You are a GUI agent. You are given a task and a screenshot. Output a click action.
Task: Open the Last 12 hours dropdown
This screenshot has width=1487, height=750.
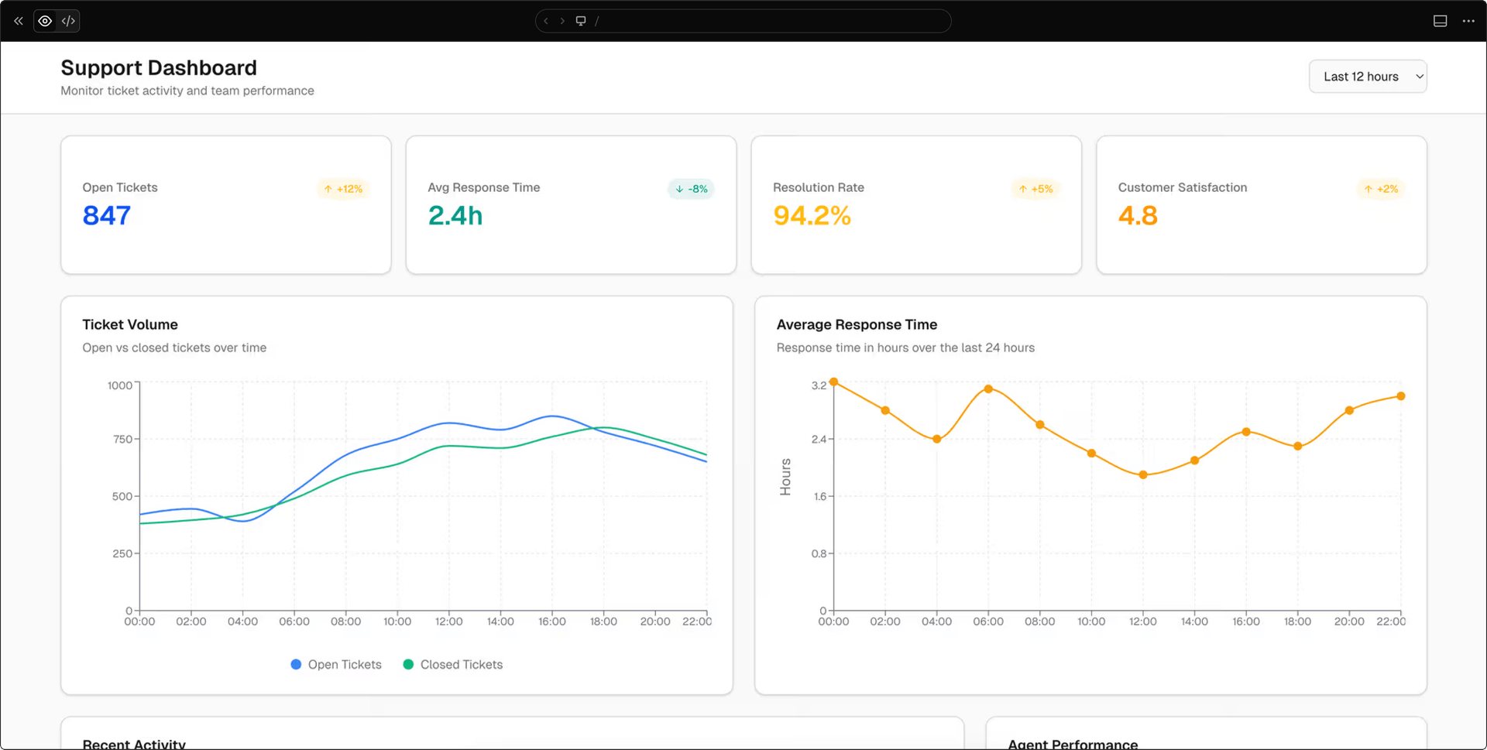1368,77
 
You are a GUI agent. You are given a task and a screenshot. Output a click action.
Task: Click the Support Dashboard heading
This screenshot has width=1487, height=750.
159,68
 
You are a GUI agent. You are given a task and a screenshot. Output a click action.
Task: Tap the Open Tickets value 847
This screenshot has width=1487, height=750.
107,215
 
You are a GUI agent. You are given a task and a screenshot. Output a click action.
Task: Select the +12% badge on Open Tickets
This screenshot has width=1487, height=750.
343,189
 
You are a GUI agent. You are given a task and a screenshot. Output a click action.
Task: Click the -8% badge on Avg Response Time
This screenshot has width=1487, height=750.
691,189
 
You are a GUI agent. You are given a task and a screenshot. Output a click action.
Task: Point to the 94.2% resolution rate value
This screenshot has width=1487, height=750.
812,215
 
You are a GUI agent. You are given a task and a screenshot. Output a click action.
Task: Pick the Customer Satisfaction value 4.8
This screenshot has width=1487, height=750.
1138,215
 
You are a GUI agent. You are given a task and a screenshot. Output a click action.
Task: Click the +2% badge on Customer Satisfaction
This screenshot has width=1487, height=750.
1381,189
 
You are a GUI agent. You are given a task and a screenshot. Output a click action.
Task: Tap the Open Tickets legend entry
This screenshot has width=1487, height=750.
336,664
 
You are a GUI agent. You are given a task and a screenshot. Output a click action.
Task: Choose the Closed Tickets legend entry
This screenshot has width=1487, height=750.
453,664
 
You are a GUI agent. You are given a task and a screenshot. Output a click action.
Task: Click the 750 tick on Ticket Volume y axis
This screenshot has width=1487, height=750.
122,439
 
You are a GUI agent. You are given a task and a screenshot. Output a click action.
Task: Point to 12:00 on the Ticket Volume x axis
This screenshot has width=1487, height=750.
449,622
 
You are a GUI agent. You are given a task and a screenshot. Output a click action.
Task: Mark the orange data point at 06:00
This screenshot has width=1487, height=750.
988,389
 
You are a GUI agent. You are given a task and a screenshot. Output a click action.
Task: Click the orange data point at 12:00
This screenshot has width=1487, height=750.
1143,474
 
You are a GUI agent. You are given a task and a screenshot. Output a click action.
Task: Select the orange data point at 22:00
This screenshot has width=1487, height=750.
1401,396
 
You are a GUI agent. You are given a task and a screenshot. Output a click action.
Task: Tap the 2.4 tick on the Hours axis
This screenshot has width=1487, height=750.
819,439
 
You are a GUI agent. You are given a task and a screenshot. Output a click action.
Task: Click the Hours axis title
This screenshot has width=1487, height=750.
785,477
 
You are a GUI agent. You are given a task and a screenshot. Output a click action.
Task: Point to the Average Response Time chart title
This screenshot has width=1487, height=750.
857,324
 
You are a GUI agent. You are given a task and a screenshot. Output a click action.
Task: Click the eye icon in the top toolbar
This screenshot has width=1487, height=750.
45,21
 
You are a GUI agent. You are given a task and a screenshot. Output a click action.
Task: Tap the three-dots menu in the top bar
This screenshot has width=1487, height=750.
1468,21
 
